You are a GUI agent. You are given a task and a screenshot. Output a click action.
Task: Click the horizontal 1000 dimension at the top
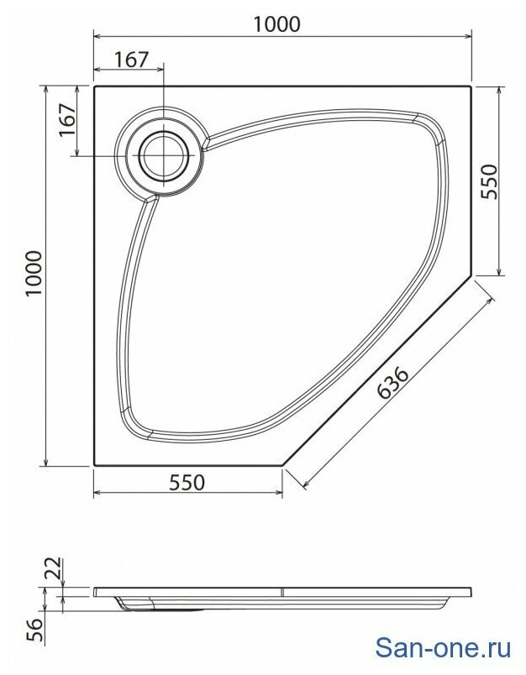click(276, 24)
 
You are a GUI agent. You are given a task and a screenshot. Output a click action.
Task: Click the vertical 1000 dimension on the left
click(34, 273)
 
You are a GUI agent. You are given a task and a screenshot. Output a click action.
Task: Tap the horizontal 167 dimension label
click(131, 60)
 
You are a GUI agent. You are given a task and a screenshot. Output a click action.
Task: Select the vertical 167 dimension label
click(67, 120)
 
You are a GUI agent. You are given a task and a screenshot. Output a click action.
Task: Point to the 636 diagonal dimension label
click(392, 382)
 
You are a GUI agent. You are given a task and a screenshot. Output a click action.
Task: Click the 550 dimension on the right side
click(489, 181)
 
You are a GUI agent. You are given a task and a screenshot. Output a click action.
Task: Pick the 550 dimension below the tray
click(187, 483)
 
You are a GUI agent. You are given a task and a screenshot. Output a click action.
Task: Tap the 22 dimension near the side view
click(55, 569)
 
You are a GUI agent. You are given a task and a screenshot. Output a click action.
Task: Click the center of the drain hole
click(164, 155)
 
